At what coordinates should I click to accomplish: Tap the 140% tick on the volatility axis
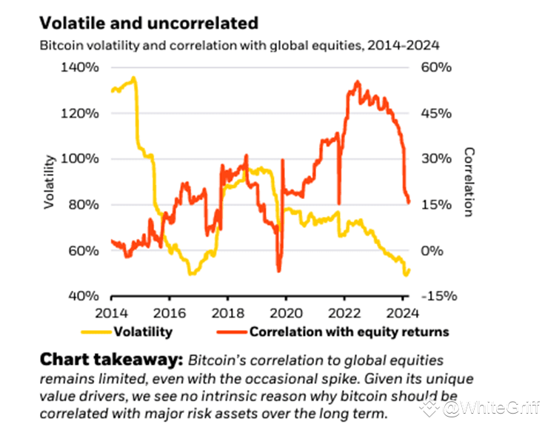(78, 67)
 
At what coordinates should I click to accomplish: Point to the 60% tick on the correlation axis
(430, 67)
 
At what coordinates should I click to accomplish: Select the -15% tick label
(432, 296)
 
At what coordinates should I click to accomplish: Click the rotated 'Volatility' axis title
(50, 181)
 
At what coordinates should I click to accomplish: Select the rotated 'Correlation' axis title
(468, 181)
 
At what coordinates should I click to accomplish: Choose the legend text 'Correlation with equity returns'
(349, 332)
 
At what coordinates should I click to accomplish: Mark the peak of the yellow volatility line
(133, 78)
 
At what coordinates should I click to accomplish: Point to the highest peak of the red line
(358, 81)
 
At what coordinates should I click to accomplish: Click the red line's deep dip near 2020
(279, 271)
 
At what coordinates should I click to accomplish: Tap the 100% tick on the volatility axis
(78, 159)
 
